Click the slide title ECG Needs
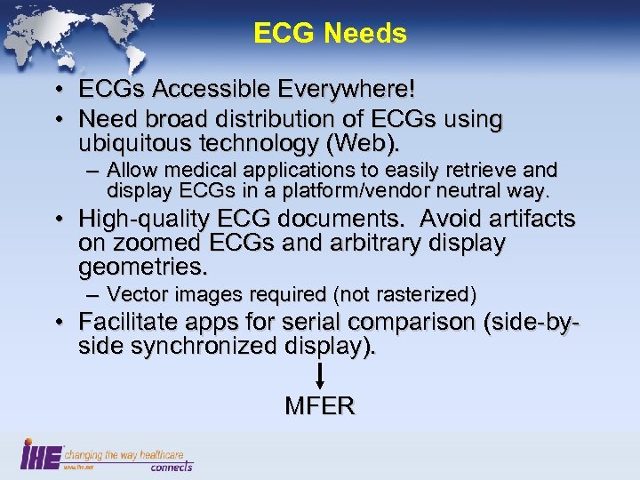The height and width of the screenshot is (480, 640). pos(330,34)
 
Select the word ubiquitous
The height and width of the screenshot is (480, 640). pos(138,142)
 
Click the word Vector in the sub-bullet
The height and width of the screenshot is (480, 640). pos(133,295)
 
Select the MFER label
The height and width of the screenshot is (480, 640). pos(320,407)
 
